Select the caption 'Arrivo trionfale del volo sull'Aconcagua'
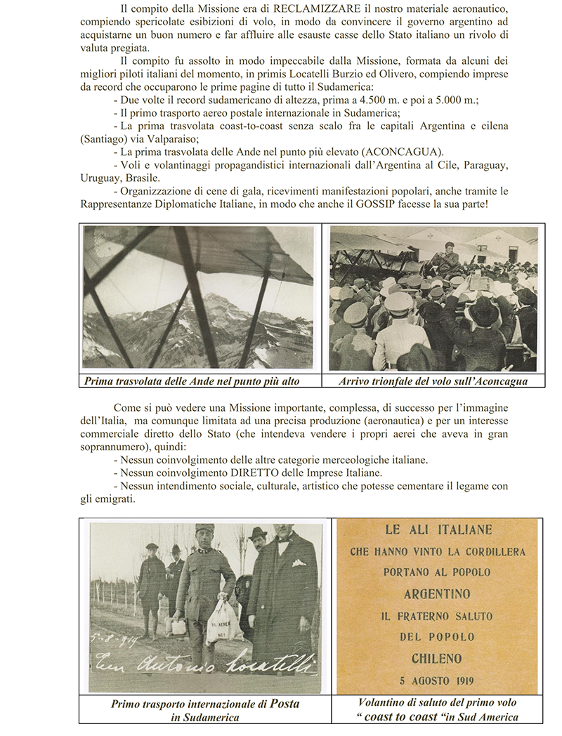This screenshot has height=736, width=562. (433, 381)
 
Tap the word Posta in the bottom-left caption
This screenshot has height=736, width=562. (285, 704)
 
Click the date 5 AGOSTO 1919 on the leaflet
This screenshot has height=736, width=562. (436, 680)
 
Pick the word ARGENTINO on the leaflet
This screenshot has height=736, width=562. (437, 594)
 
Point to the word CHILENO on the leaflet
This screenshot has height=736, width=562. (437, 659)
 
